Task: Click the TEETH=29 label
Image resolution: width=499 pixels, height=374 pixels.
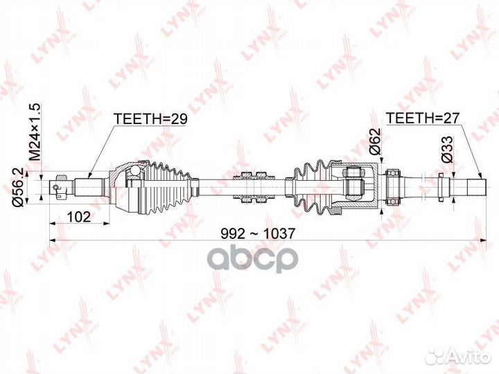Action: coord(150,118)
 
